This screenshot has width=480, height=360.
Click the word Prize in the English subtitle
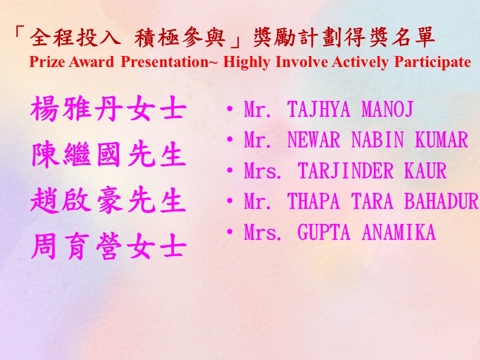(46, 62)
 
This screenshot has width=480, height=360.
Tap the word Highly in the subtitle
(246, 63)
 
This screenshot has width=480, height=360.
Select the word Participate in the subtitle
(432, 63)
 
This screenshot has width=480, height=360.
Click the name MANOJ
(387, 109)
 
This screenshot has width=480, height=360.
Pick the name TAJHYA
(318, 109)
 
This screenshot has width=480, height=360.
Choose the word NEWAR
(313, 140)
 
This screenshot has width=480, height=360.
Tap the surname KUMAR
(441, 140)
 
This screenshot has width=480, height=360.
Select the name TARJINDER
(345, 170)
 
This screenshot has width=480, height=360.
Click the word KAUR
(425, 170)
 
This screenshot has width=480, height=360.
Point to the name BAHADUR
(441, 201)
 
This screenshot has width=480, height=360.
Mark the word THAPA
(313, 201)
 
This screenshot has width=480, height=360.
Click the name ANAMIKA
(398, 232)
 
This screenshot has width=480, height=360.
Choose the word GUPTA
(323, 232)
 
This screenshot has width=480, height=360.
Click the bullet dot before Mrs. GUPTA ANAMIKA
(229, 231)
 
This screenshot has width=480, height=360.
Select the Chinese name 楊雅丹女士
(108, 108)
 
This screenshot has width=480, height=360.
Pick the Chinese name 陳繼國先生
(108, 154)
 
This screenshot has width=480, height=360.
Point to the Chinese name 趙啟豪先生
(108, 200)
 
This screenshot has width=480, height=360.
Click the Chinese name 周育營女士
(108, 246)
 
